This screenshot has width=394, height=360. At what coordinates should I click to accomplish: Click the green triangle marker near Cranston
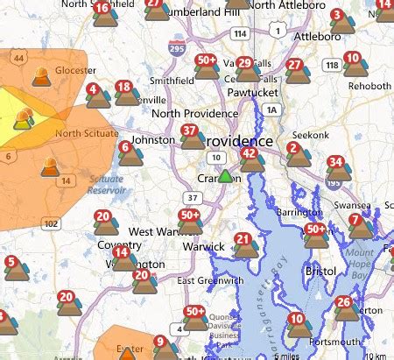point(225,176)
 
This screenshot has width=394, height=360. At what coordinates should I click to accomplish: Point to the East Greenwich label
point(209,280)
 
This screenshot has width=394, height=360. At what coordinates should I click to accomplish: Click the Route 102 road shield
point(53,223)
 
